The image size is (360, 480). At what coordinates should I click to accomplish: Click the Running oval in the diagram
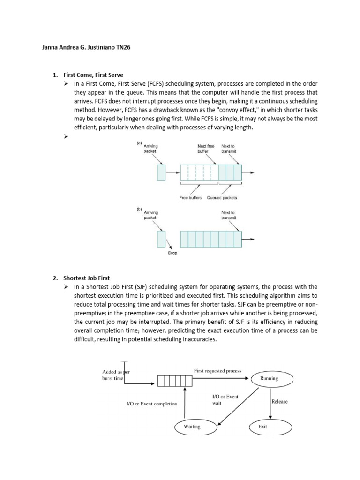pos(269,378)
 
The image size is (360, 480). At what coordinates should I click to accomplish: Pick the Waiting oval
pos(192,427)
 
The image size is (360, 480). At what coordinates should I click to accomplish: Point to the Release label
pos(280,401)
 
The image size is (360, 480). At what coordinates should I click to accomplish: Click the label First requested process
pos(218,371)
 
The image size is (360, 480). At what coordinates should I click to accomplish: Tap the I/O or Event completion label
pos(152,404)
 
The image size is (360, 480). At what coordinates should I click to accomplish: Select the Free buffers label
pos(190,198)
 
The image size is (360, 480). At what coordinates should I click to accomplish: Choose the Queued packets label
pos(222,198)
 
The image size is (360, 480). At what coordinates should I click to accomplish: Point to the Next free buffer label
pos(206,149)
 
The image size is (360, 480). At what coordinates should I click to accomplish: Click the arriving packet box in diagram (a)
pos(162,173)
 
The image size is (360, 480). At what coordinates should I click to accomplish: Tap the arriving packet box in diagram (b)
pos(162,239)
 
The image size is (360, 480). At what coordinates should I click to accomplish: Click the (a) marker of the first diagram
pos(139,142)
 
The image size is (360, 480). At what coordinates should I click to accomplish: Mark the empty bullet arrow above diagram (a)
pos(66,136)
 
